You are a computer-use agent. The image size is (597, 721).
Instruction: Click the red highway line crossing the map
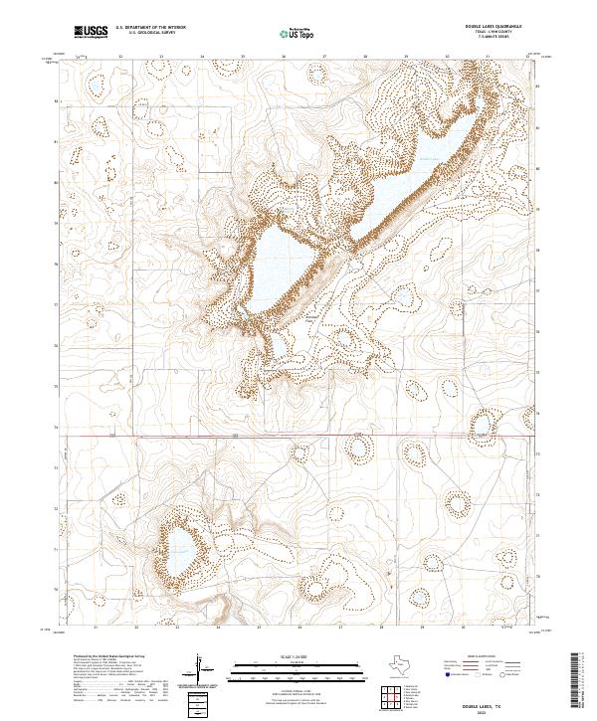coord(298,435)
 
